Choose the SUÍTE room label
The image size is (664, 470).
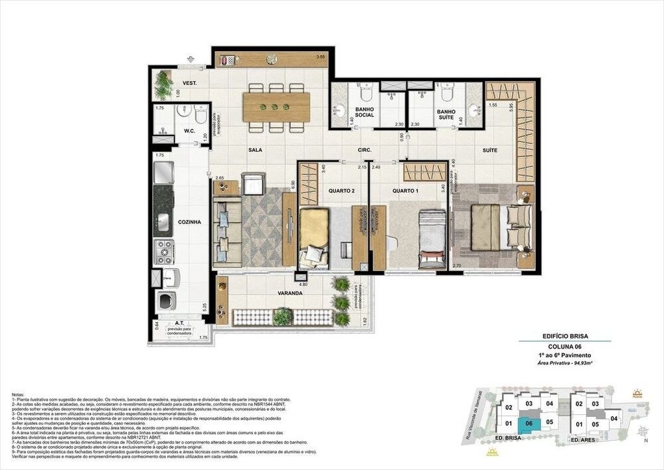coord(490,151)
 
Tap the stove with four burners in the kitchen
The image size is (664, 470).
coord(163,252)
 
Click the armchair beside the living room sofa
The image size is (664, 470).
coord(252,183)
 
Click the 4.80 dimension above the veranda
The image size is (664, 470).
coord(303,284)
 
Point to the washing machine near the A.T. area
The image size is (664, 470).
coord(165,301)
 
